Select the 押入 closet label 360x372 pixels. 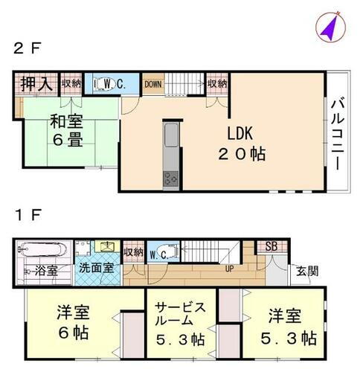point(36,84)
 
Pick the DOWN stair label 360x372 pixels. point(153,84)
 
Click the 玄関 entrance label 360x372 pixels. point(305,269)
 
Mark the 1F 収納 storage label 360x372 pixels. point(133,253)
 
